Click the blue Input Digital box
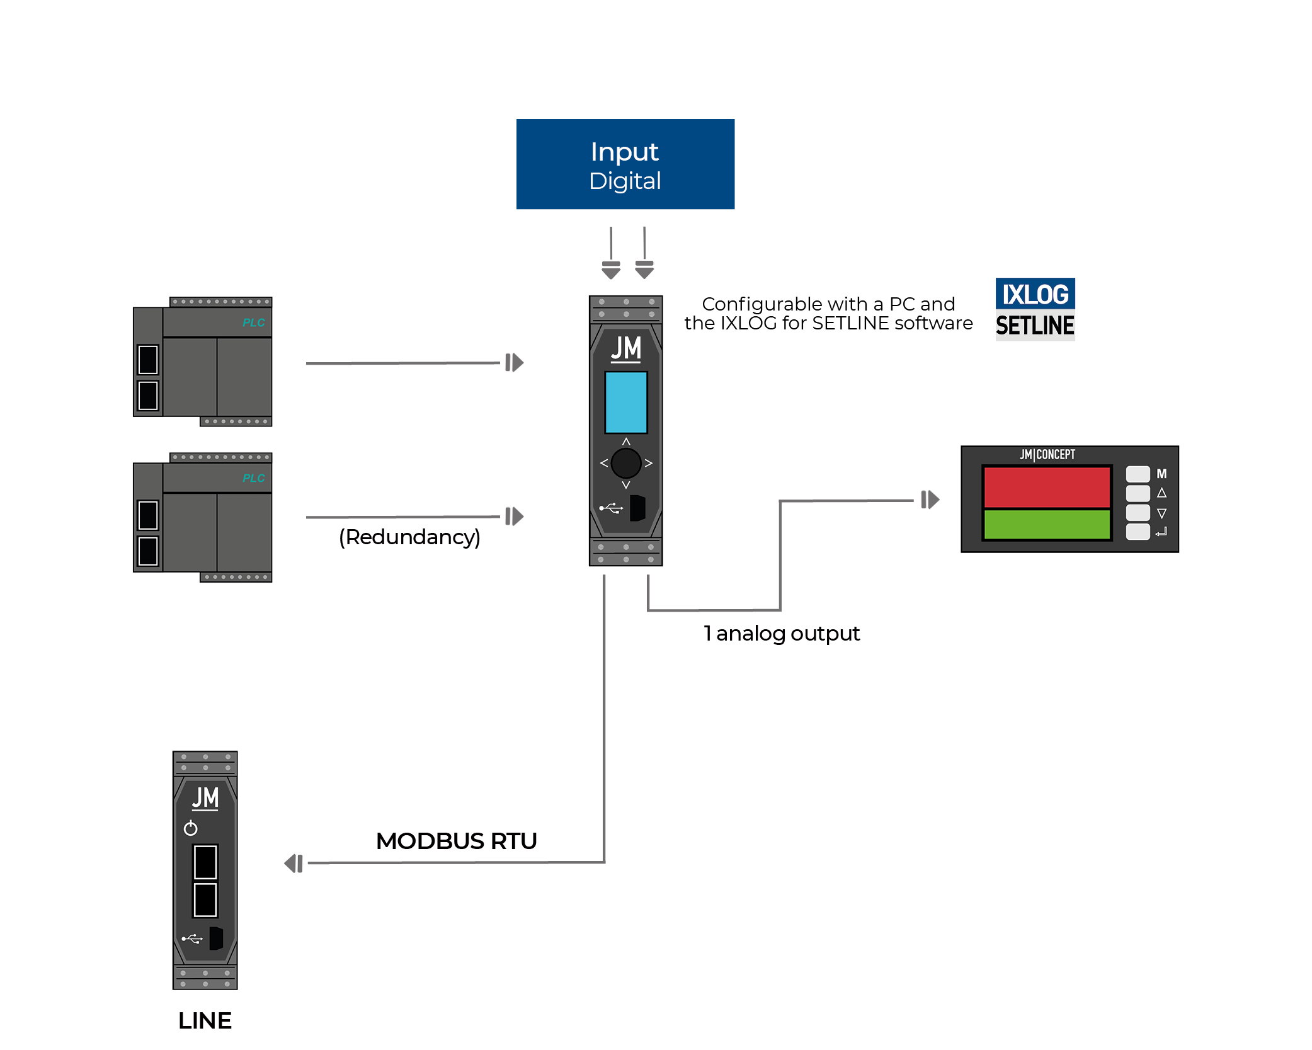(x=625, y=164)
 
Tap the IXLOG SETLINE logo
(x=1034, y=309)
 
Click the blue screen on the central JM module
(x=625, y=402)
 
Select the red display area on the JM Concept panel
(x=1046, y=487)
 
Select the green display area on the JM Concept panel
(x=1046, y=525)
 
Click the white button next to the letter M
(x=1138, y=474)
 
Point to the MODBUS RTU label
(x=456, y=841)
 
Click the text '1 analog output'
(x=781, y=633)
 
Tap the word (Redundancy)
(x=409, y=537)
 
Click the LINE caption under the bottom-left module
(x=205, y=1020)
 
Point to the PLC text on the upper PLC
(x=254, y=322)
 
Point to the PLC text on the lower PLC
(x=254, y=478)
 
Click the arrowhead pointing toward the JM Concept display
(x=930, y=500)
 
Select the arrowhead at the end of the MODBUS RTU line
(x=294, y=864)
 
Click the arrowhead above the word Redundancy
(x=515, y=516)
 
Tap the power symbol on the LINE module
(x=190, y=828)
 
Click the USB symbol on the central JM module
(x=611, y=508)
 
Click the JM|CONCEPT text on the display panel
(x=1047, y=455)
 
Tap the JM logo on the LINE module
(x=205, y=798)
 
